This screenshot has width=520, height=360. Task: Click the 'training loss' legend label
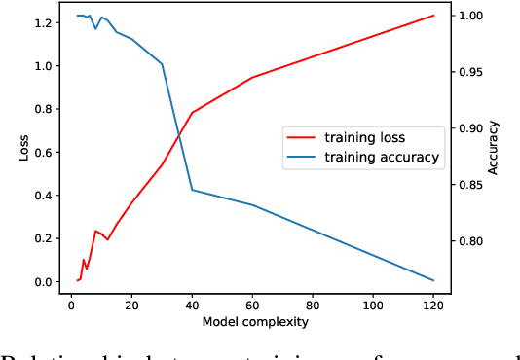364,137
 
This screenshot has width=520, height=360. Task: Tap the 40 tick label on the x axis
192,304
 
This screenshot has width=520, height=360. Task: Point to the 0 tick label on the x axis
71,304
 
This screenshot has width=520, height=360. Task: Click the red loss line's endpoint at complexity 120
432,16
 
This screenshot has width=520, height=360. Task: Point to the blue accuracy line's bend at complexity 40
192,190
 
